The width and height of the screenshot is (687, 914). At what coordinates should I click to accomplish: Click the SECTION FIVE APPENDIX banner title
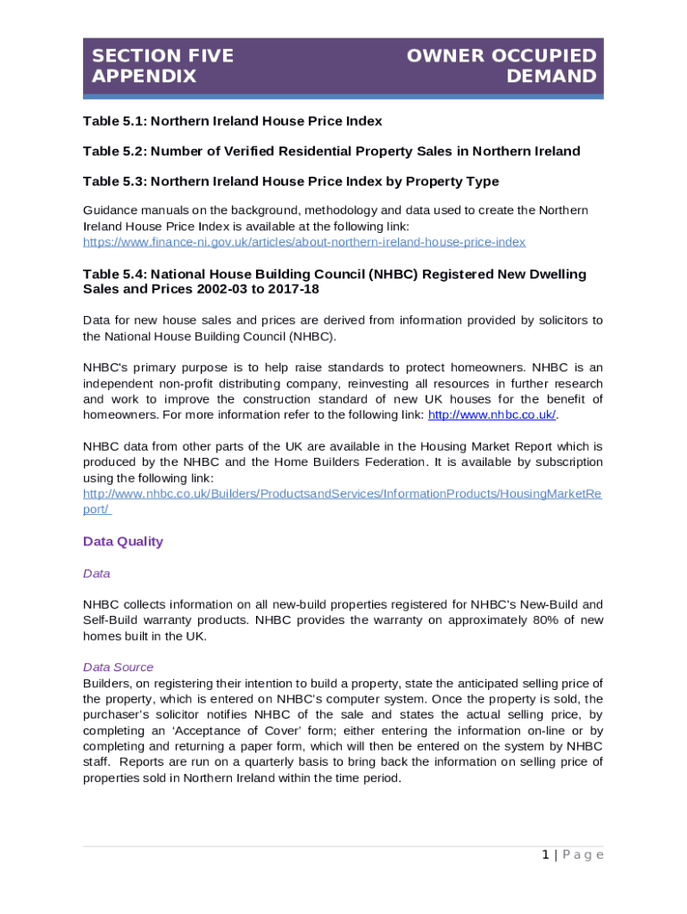tap(162, 66)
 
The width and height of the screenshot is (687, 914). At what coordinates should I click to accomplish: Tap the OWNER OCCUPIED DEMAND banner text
tap(501, 66)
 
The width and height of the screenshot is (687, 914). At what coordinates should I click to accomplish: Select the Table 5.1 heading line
tap(232, 120)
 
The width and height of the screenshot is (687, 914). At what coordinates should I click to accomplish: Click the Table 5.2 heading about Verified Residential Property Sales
tap(331, 151)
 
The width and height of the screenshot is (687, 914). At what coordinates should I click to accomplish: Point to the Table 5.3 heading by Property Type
tap(291, 181)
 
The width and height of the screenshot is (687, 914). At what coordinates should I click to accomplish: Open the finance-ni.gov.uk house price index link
tap(304, 242)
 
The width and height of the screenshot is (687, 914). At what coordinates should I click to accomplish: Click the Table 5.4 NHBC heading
tap(335, 274)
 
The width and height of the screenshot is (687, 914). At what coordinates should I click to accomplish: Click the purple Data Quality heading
tap(123, 542)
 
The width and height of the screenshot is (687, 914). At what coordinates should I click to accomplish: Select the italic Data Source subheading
tap(118, 667)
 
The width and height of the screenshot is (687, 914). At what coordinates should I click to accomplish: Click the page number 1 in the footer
tap(544, 855)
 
